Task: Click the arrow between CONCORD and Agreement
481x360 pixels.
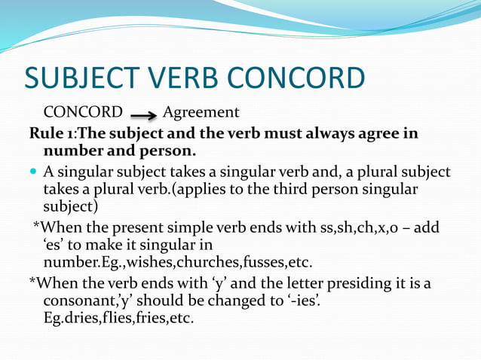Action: [143, 115]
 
